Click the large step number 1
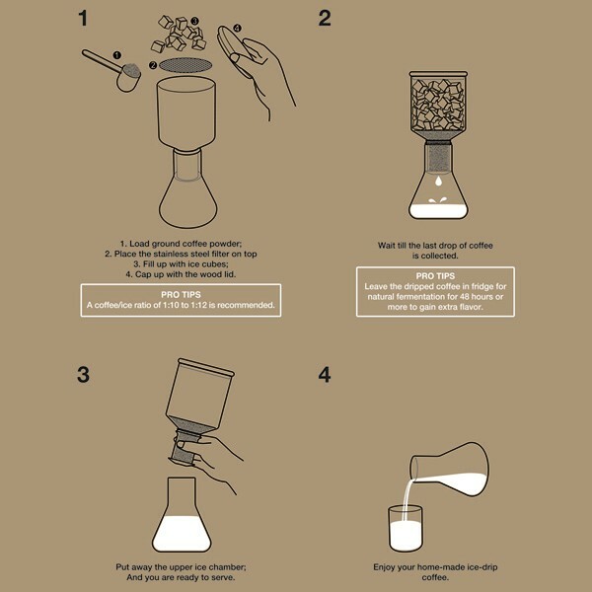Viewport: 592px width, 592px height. [x=83, y=18]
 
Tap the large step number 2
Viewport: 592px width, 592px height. [x=325, y=18]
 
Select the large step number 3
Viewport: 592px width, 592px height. [x=84, y=375]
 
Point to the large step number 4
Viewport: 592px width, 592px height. [x=325, y=375]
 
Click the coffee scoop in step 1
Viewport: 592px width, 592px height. [x=113, y=70]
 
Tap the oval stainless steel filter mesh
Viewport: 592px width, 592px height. [x=185, y=65]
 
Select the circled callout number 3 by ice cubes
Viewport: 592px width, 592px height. [x=194, y=21]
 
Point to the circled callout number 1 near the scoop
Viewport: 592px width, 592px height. [x=117, y=55]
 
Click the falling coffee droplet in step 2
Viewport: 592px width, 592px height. [x=438, y=182]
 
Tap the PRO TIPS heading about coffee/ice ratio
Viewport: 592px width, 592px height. [x=181, y=295]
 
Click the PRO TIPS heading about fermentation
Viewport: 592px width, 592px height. [x=435, y=276]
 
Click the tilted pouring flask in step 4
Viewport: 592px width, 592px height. [x=449, y=470]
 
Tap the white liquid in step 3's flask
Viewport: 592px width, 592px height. [x=182, y=534]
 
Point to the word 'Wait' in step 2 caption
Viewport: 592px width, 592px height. [x=386, y=246]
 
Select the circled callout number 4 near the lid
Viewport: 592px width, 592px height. [x=237, y=28]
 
